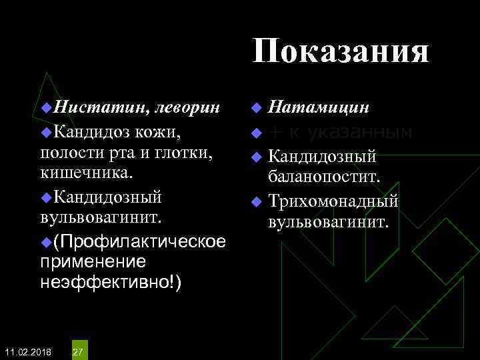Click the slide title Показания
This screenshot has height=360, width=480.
(x=341, y=51)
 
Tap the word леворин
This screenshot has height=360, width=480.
(x=191, y=107)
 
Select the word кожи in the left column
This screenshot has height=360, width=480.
(x=157, y=131)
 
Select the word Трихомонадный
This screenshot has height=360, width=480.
(x=333, y=201)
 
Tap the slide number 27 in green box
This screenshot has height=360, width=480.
(x=78, y=351)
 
